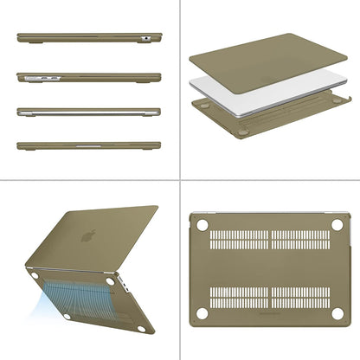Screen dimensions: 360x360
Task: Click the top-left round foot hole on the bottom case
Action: [202, 225]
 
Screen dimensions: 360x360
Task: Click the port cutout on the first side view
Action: [148, 36]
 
